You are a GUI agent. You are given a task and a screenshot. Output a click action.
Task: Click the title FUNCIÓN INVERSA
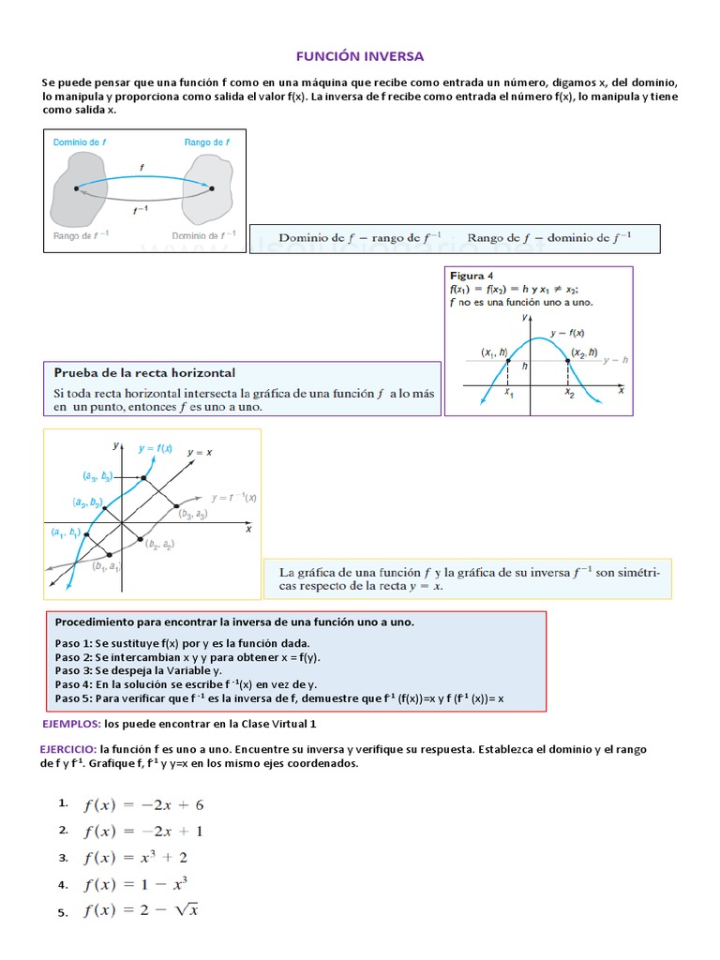[360, 56]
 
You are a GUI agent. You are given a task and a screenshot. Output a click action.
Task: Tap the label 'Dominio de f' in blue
[79, 142]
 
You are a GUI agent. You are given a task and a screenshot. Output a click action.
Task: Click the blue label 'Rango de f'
[207, 142]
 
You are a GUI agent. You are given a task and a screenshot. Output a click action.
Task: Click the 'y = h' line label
[615, 360]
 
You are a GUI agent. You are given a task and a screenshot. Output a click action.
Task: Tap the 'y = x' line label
[200, 452]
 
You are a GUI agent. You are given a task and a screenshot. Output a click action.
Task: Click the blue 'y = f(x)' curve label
[155, 448]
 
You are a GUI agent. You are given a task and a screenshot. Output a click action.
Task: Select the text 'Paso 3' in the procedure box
[73, 670]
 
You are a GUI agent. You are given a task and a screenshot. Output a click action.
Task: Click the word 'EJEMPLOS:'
[71, 725]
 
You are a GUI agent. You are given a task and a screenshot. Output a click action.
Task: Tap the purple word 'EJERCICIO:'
[67, 750]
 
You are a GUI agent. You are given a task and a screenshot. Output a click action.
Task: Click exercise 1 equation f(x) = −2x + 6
[143, 804]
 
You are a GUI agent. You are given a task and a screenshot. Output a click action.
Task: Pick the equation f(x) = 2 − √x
[142, 910]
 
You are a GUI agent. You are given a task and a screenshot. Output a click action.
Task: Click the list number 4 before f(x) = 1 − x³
[63, 884]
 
